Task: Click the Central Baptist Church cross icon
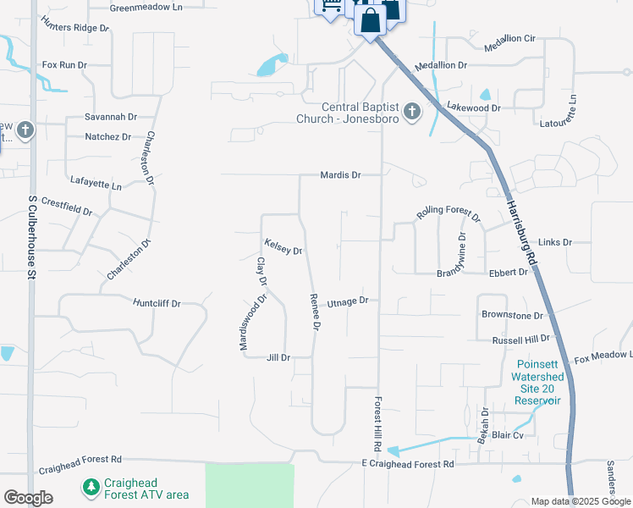point(412,113)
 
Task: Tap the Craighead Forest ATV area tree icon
point(91,488)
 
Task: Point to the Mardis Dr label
point(340,175)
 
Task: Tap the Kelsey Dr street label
point(283,246)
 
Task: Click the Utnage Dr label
point(348,301)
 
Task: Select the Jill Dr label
point(278,358)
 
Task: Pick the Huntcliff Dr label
point(158,301)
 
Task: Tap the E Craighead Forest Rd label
point(408,464)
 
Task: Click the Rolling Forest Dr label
point(448,217)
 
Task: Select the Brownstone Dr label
point(512,316)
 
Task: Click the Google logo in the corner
point(28,497)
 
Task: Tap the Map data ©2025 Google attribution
point(580,501)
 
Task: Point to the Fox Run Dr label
point(65,64)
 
